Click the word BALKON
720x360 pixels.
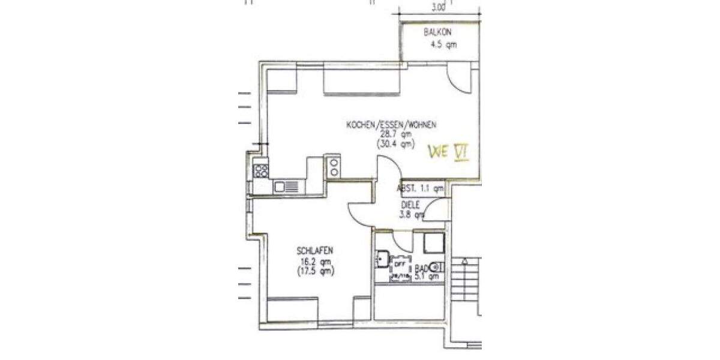click(437, 32)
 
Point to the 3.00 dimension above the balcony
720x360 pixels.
click(439, 8)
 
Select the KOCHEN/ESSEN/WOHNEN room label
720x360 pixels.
click(391, 125)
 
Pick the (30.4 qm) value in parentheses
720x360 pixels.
click(395, 144)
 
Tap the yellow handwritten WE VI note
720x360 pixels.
click(448, 152)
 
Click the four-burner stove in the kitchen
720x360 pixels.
click(261, 170)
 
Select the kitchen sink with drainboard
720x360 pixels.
click(286, 187)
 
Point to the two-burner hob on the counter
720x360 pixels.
click(333, 165)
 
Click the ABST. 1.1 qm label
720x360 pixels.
click(420, 188)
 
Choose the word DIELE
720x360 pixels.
click(410, 205)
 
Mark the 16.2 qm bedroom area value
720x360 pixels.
click(315, 261)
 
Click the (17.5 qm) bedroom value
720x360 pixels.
click(315, 271)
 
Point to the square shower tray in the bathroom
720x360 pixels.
click(433, 243)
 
